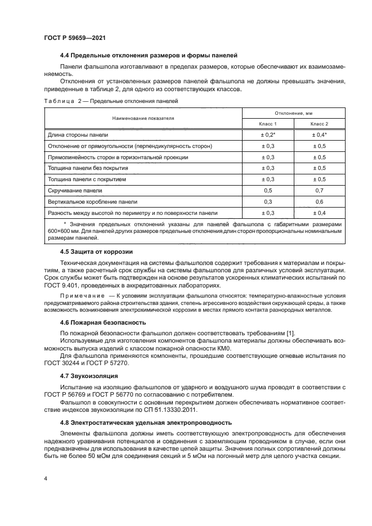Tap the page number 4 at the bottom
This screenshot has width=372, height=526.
point(45,478)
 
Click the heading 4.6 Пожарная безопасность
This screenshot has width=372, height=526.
point(103,322)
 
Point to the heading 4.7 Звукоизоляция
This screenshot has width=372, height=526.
point(90,374)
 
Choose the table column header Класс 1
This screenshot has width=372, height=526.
point(268,123)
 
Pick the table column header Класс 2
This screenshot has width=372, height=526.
point(319,123)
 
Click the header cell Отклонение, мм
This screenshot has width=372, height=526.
point(293,113)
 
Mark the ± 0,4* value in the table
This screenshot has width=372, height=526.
point(319,136)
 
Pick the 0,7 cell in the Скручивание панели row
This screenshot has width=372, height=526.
point(319,190)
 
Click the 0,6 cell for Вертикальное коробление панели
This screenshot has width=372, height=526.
point(319,201)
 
